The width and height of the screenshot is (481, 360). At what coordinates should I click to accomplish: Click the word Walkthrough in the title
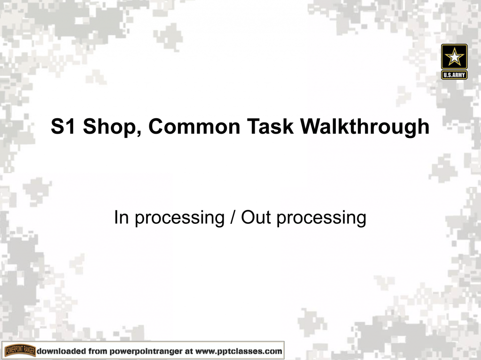pos(365,127)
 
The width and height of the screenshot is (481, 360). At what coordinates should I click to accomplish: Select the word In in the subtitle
pos(120,217)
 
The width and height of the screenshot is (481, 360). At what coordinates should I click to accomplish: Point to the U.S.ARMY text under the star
pos(454,75)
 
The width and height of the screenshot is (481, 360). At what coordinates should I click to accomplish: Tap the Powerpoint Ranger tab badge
pos(20,351)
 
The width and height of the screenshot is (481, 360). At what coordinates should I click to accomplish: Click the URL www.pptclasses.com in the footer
pos(239,351)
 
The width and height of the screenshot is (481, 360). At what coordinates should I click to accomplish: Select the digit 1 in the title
pos(69,127)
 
